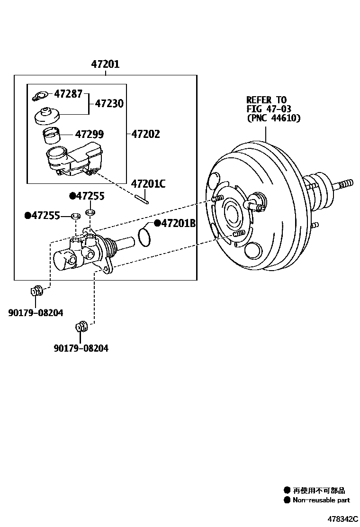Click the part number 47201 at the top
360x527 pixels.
(105, 64)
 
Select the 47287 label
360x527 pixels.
(68, 94)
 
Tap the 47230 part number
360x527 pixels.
(109, 103)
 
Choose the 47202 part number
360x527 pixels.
(145, 135)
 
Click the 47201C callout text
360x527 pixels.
(148, 184)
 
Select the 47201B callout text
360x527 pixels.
(178, 223)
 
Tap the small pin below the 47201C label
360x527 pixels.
(142, 199)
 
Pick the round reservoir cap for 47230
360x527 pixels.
(47, 115)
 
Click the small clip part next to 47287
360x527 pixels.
(39, 96)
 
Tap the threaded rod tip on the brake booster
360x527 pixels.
(345, 183)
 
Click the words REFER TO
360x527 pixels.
(266, 100)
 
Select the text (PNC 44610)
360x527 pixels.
(273, 118)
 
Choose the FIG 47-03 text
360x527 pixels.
(268, 109)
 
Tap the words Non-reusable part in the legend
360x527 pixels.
(321, 500)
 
